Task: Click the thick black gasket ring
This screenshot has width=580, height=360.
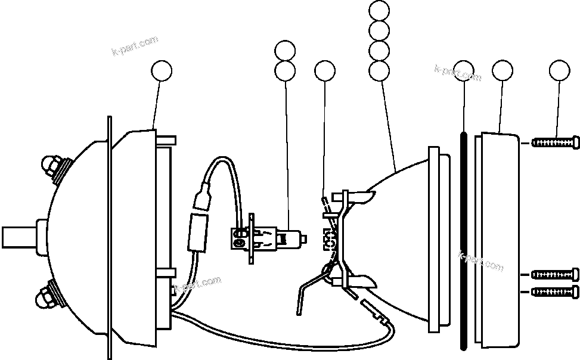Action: point(464,238)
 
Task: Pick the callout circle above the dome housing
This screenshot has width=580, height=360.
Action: point(162,71)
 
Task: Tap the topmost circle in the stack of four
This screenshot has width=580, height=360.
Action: point(379,10)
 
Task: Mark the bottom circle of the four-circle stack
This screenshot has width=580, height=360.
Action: point(379,71)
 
